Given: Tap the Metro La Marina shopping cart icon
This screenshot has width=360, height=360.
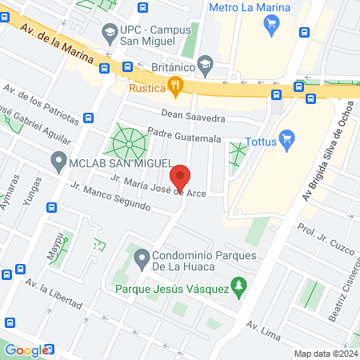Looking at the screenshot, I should (271, 24).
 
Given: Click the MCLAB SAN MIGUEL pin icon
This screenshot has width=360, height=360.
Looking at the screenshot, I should (58, 162).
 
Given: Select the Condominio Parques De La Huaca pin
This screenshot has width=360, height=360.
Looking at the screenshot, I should (142, 259).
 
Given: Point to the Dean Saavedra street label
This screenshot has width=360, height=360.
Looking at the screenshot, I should (193, 118).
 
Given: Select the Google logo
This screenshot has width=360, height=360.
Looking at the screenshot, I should (26, 350).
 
